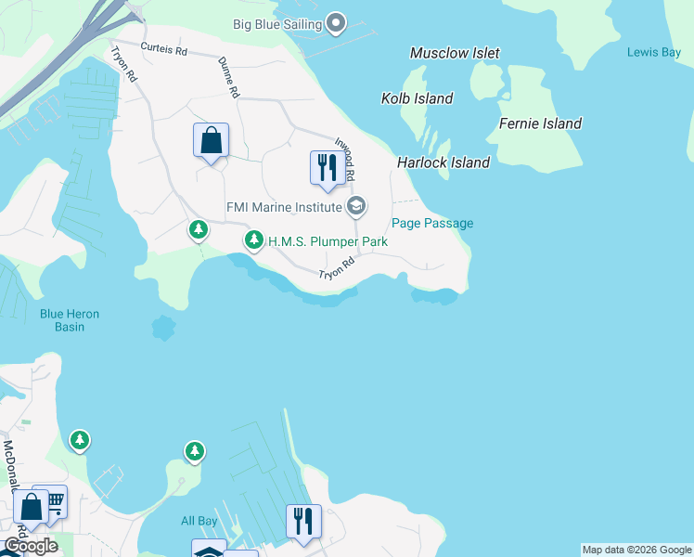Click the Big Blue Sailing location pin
pyautogui.click(x=336, y=22)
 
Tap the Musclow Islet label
pyautogui.click(x=455, y=54)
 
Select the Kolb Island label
pyautogui.click(x=417, y=98)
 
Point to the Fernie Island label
pyautogui.click(x=540, y=123)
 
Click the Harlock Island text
pyautogui.click(x=443, y=162)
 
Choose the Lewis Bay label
pyautogui.click(x=653, y=52)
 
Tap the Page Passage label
pyautogui.click(x=432, y=223)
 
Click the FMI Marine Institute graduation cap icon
pyautogui.click(x=355, y=206)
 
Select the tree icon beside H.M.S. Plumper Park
pyautogui.click(x=254, y=241)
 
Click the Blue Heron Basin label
pyautogui.click(x=69, y=320)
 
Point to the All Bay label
pyautogui.click(x=199, y=521)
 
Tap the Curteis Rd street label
pyautogui.click(x=163, y=47)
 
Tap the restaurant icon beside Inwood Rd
pyautogui.click(x=326, y=168)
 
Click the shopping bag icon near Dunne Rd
pyautogui.click(x=212, y=141)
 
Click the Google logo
pyautogui.click(x=30, y=546)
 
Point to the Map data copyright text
pyautogui.click(x=636, y=550)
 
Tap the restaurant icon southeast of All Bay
pyautogui.click(x=302, y=522)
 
